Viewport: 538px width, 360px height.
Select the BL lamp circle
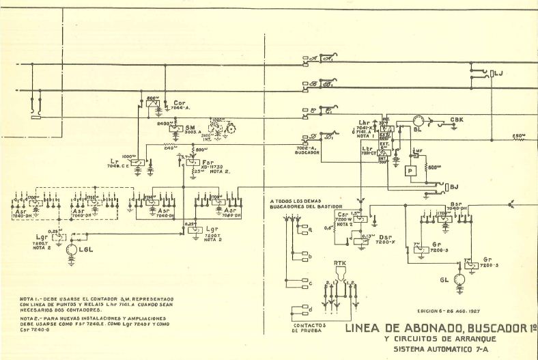tap(419, 122)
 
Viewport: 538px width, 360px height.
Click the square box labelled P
tap(410, 171)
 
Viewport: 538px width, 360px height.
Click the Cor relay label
tap(179, 103)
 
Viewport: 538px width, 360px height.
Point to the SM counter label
tap(191, 128)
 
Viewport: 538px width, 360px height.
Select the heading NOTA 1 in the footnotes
tap(31, 299)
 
